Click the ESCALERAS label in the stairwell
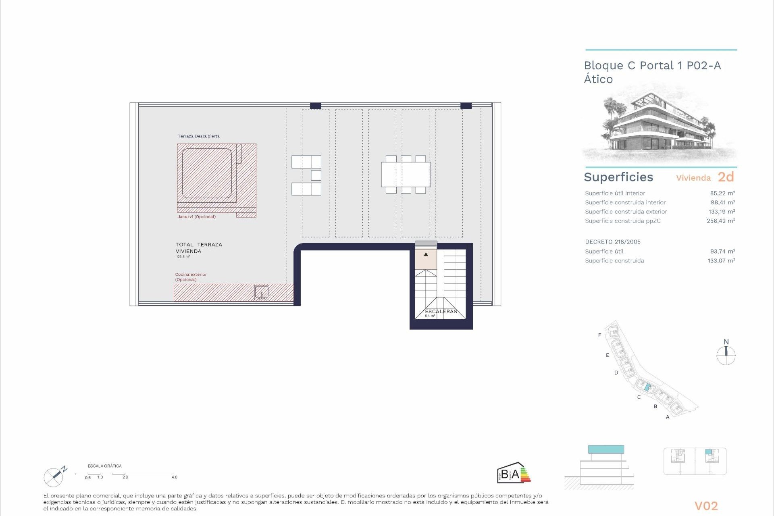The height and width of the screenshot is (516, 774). point(441,312)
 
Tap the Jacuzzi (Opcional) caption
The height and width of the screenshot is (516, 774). point(196,217)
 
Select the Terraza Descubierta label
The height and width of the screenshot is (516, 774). point(199,136)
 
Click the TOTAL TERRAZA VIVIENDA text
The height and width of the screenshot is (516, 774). point(199,248)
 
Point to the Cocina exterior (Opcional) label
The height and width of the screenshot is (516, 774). point(191,277)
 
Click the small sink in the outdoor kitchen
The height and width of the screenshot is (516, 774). point(262,293)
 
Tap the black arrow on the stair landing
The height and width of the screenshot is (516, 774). point(426,254)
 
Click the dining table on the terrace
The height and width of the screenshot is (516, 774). point(406,175)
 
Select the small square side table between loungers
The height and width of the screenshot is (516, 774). point(316,175)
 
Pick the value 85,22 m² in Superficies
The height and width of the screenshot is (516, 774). point(722,193)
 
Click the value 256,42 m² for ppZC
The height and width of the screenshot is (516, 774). point(721,221)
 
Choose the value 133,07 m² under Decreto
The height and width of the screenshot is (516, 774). point(721,261)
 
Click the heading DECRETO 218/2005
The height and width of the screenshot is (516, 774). point(613,242)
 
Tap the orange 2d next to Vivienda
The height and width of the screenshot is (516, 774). point(726,177)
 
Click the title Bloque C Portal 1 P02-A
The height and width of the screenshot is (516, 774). point(652,66)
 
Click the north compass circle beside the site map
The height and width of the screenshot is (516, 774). point(726,356)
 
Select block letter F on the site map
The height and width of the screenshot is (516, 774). point(599,335)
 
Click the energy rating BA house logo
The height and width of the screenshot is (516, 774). point(513,473)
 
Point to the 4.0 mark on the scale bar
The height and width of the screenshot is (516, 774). point(174,477)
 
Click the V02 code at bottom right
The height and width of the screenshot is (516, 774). point(706,506)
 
